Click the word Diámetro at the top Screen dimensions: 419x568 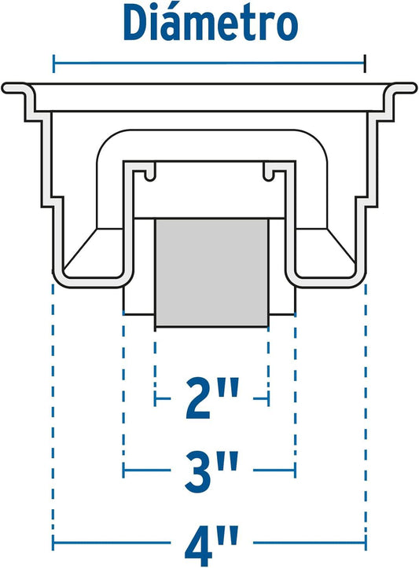[x=211, y=22]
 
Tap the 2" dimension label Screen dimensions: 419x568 [x=213, y=398]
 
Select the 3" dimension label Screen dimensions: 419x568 [x=211, y=471]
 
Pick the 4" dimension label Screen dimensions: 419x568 [x=211, y=544]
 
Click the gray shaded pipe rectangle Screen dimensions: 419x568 [x=212, y=273]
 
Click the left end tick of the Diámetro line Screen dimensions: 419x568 [x=53, y=64]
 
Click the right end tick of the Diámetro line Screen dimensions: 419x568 [x=366, y=64]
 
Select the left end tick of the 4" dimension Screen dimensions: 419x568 [x=53, y=543]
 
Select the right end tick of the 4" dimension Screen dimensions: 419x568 [x=366, y=543]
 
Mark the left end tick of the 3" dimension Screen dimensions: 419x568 [x=123, y=471]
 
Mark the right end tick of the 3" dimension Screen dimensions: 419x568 [x=296, y=471]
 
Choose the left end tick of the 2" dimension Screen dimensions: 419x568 [x=155, y=398]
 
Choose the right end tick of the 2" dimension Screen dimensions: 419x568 [x=268, y=398]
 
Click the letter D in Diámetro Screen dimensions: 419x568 [x=135, y=24]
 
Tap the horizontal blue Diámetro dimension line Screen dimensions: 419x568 [x=209, y=64]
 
